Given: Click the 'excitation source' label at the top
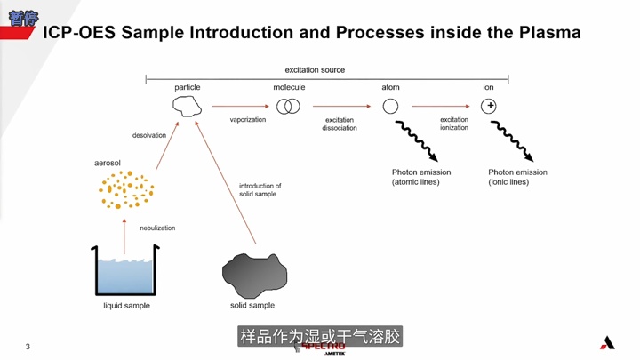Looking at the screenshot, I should pos(315,69).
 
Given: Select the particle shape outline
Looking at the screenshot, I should pos(187,107).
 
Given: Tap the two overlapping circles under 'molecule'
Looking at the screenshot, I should pos(288,107).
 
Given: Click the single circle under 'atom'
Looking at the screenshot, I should pos(390,107).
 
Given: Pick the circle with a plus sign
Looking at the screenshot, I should pos(489,107).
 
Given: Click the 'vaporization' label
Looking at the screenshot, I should pos(248,120).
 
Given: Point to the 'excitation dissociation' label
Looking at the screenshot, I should pos(340,124).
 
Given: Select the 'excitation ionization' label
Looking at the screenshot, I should pos(453,124).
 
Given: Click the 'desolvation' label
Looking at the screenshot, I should pos(149,136).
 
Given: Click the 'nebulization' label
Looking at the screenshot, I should pos(157,228).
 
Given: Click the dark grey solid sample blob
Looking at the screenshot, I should pos(254,272).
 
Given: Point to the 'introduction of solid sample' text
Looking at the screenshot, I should pos(260,190).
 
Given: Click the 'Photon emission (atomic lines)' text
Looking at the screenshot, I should pos(421,177).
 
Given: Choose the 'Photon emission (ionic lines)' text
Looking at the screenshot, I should pos(517,177).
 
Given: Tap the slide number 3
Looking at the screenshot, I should pos(28,347).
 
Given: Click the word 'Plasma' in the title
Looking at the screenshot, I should pos(546,33).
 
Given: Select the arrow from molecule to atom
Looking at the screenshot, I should pos(340,107).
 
